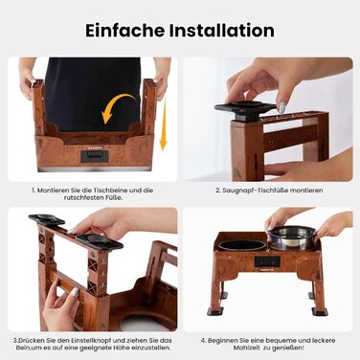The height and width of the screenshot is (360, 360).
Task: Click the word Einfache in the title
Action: [125, 31]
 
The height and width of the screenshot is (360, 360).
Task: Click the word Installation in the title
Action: [222, 31]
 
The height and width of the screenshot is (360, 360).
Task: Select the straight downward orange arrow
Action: [164, 124]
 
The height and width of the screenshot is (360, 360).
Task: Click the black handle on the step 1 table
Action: [95, 156]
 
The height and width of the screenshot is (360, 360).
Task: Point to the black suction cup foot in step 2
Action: [245, 110]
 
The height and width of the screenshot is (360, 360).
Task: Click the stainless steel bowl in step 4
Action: [291, 237]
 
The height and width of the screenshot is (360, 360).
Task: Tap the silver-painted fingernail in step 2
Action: [281, 107]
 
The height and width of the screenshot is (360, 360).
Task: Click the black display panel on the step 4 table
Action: [267, 261]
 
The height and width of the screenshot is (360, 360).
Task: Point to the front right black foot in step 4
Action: [320, 311]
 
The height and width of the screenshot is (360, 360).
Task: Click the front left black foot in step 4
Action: [214, 311]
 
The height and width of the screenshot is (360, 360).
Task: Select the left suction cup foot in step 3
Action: [47, 219]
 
